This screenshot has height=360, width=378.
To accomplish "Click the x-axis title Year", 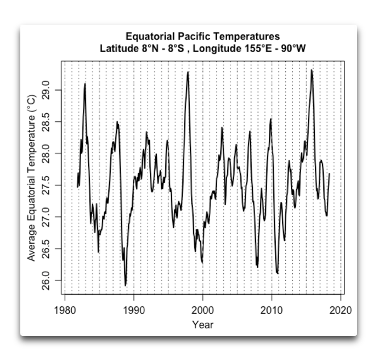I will (203, 324).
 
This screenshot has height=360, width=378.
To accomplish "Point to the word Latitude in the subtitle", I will (119, 48).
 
